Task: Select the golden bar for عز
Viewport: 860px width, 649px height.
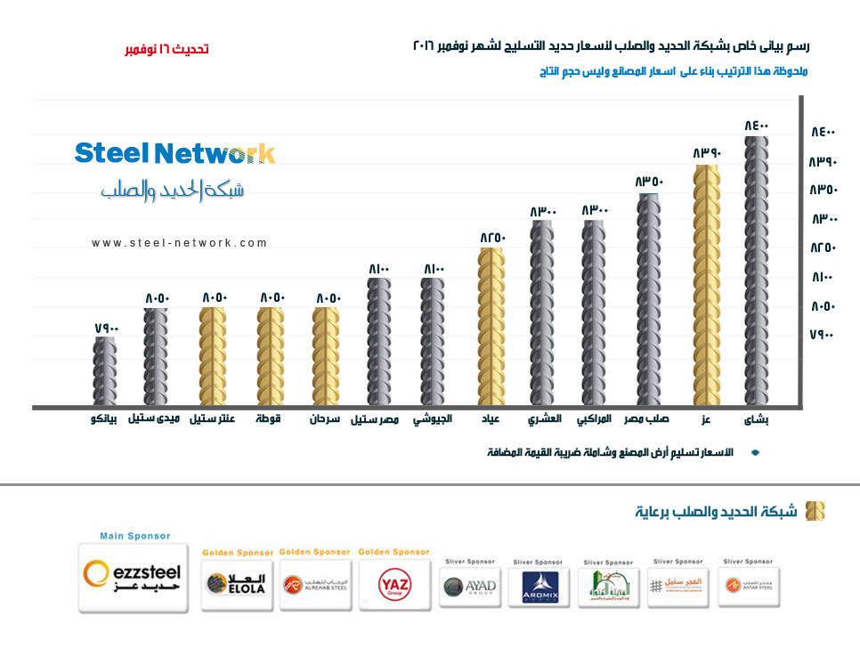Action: (x=707, y=285)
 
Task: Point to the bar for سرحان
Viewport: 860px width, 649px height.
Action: (x=325, y=357)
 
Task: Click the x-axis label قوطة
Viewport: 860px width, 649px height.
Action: (x=268, y=418)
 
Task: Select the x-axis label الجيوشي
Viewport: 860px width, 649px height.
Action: (x=432, y=418)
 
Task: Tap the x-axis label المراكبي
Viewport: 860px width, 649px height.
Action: (x=594, y=418)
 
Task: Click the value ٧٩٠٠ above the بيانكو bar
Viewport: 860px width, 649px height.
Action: (x=106, y=329)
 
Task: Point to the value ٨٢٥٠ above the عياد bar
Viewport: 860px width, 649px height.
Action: (x=492, y=238)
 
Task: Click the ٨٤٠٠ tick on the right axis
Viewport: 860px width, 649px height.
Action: (x=823, y=133)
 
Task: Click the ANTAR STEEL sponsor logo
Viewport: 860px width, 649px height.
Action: (x=744, y=587)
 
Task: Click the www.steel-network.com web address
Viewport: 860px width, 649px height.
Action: (x=179, y=243)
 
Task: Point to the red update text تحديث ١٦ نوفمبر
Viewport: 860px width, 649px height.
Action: (x=166, y=49)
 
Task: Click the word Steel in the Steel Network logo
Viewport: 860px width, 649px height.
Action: (x=110, y=153)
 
